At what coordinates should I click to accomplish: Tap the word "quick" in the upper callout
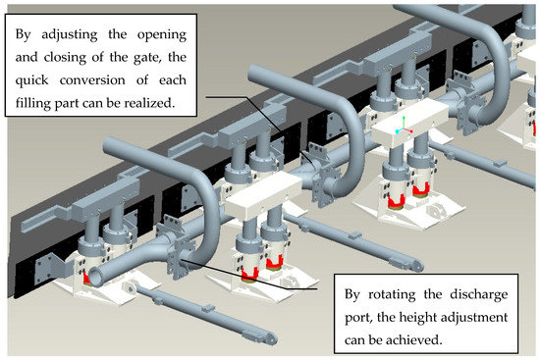(31, 81)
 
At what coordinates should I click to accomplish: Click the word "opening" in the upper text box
(162, 35)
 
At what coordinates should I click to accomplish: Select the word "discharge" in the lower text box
(479, 295)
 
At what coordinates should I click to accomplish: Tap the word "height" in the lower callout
(414, 317)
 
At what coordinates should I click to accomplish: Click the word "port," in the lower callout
(357, 318)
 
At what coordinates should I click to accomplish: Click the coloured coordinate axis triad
(404, 126)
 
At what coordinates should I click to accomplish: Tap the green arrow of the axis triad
(404, 123)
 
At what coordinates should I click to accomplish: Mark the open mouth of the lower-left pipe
(95, 277)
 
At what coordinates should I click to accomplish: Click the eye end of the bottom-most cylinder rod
(270, 338)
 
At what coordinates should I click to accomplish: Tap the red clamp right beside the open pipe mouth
(86, 279)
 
